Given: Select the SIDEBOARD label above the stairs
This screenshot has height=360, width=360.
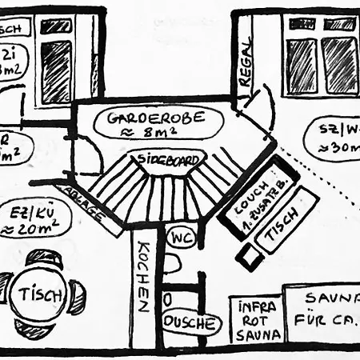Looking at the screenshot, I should coord(168,159).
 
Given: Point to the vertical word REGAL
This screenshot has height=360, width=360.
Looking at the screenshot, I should coord(244,70).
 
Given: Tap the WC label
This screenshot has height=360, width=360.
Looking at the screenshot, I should coord(179,238).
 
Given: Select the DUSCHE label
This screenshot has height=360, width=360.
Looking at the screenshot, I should coord(189,323).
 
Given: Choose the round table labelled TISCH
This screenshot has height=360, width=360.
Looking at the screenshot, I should coord(42,294).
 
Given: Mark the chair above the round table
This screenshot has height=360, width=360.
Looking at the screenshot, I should coord(43,259).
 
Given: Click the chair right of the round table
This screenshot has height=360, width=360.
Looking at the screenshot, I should coord(77,297).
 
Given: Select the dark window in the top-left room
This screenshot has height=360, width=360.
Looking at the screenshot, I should coord(56,72).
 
